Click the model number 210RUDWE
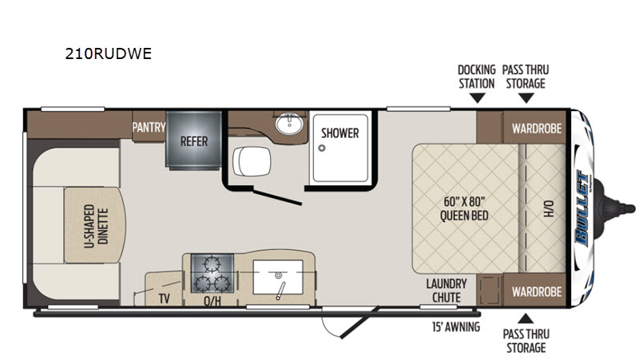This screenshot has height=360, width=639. pos(109,53)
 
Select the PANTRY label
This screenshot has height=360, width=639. pos(149,128)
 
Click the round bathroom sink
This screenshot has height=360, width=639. pos(289,124)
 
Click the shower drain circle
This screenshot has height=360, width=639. pos(322,148)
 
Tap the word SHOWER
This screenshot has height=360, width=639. pos(340,133)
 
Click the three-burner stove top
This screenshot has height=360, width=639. pos(212,273)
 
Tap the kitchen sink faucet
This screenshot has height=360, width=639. pos(280,291)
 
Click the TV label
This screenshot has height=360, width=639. pos(165,299)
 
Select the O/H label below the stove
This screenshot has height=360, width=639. pos(212,301)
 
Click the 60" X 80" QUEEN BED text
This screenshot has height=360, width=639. pos(464,208)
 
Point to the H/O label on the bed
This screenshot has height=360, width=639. pos(549,208)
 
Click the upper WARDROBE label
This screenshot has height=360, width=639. pos(537,129)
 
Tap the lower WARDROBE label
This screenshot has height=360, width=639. pos(537,291)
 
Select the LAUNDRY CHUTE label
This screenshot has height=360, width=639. pos(447,291)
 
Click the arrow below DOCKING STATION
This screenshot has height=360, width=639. pos(477,98)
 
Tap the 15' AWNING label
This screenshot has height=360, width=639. pos(456,327)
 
